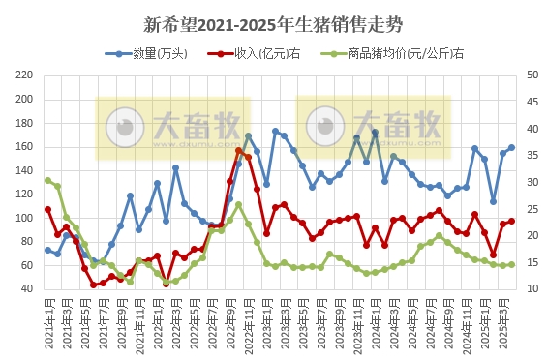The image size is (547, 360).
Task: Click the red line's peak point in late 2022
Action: pos(239,150)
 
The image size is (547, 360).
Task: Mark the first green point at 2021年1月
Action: pos(47,180)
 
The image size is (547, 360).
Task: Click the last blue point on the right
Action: pos(511,148)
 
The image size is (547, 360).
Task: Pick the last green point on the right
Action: pos(511,264)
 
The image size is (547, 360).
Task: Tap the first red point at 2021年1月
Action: pos(47,209)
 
